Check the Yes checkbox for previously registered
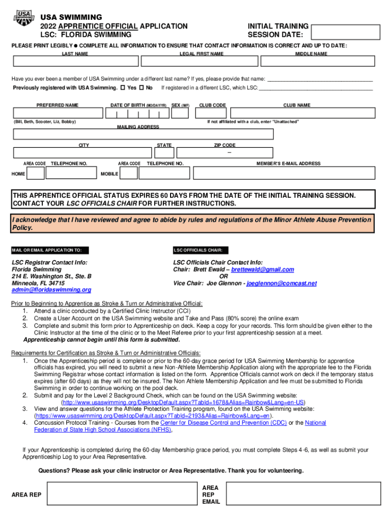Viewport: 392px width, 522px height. pyautogui.click(x=122, y=88)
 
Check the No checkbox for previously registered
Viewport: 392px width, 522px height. pyautogui.click(x=142, y=88)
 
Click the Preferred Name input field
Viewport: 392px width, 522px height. pyautogui.click(x=57, y=114)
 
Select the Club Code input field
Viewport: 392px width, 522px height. pyautogui.click(x=212, y=114)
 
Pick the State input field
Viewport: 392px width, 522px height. pyautogui.click(x=164, y=153)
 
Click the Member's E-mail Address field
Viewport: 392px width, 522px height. pyautogui.click(x=288, y=174)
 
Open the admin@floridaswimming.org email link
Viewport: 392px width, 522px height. pyautogui.click(x=51, y=290)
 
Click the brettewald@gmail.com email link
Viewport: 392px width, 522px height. pyautogui.click(x=263, y=269)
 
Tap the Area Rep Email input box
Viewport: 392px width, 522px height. pyautogui.click(x=303, y=494)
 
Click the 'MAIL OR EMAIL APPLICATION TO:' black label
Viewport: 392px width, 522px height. pyautogui.click(x=50, y=250)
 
